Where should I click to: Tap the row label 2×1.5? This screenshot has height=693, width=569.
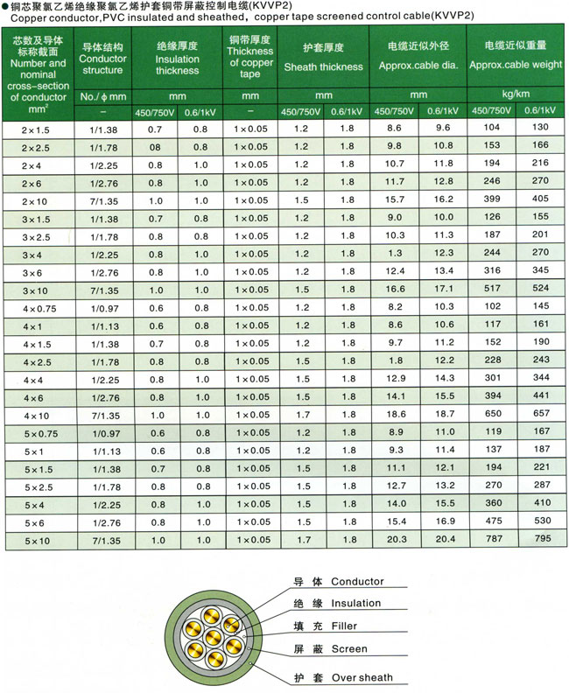[x=36, y=128]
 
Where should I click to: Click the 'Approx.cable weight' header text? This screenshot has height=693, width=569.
[x=516, y=65]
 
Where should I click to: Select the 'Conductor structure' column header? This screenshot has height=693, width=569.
[x=103, y=58]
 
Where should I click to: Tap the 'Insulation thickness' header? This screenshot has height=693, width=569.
[x=178, y=59]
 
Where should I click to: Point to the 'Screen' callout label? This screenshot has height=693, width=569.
[x=349, y=649]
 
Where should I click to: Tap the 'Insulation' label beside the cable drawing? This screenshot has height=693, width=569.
[x=355, y=603]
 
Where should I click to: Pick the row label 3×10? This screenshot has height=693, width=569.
[x=36, y=290]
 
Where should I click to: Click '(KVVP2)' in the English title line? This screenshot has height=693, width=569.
[x=426, y=17]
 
